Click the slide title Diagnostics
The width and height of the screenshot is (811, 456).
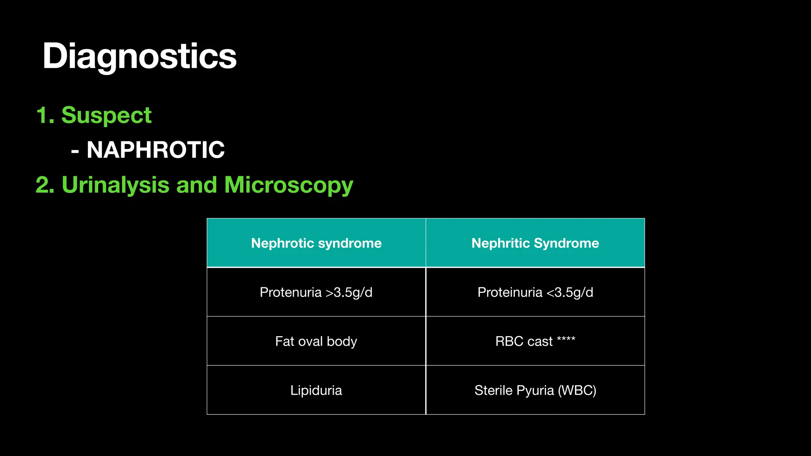[x=139, y=56]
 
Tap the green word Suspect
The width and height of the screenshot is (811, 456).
[x=106, y=115]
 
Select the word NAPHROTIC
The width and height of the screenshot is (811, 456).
[x=155, y=150]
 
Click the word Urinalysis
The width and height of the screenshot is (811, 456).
[x=115, y=185]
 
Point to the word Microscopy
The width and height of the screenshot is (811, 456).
[x=288, y=185]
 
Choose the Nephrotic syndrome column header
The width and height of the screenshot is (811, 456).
[x=316, y=243]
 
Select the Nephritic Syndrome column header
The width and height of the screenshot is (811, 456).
[x=535, y=243]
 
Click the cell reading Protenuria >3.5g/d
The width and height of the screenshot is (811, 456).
[x=316, y=292]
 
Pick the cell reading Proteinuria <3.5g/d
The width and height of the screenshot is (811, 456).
[x=535, y=292]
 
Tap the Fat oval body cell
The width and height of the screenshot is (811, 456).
[x=316, y=341]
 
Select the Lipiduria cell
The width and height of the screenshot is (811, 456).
[x=316, y=390]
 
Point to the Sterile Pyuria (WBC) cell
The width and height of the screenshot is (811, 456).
[x=535, y=390]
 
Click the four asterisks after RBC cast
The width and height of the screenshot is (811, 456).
[x=566, y=339]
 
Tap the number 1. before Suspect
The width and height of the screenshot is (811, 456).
[x=45, y=115]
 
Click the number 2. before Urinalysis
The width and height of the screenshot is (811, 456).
[x=45, y=185]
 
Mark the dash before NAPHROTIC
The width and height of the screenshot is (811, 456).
[x=75, y=151]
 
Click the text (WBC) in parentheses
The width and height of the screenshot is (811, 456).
[x=577, y=390]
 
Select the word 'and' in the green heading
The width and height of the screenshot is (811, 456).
[x=196, y=185]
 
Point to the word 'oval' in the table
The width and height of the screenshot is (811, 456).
[x=310, y=341]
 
